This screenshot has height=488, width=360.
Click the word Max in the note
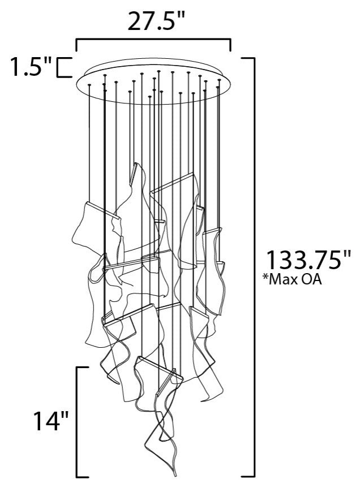(x=289, y=279)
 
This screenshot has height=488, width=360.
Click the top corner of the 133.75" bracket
(x=254, y=58)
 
